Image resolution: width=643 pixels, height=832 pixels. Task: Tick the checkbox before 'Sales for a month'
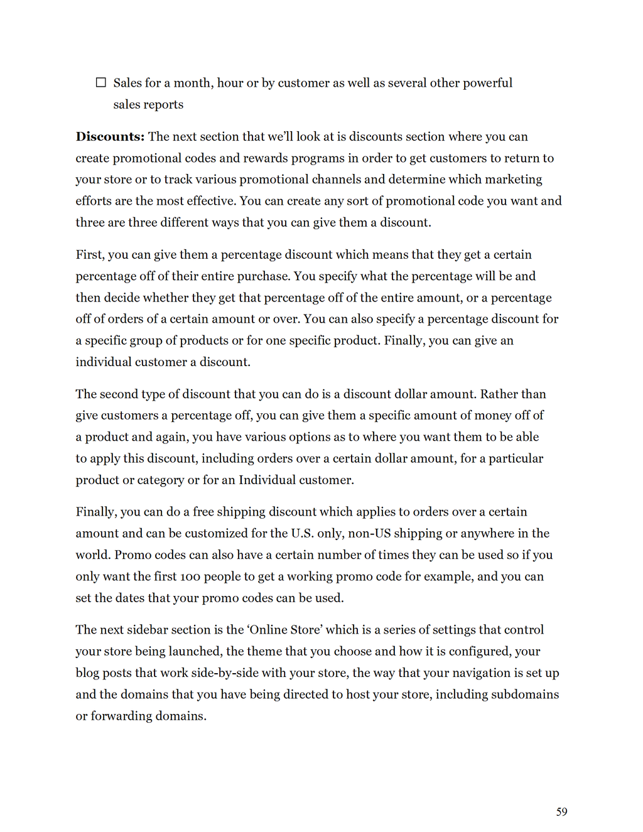click(100, 82)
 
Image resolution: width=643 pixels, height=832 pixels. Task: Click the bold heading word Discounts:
click(110, 137)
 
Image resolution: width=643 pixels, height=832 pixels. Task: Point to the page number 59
click(561, 812)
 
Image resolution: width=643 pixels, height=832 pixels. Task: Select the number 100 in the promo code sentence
click(189, 576)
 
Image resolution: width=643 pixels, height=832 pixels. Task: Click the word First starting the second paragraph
click(89, 255)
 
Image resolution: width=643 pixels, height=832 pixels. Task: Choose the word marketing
click(511, 180)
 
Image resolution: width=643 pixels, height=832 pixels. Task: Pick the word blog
click(87, 673)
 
